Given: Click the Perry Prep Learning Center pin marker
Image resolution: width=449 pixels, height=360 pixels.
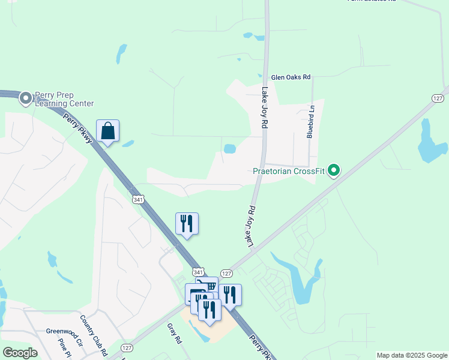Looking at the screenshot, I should (x=26, y=98).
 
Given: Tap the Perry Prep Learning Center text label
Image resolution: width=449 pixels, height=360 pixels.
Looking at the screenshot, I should (x=65, y=99).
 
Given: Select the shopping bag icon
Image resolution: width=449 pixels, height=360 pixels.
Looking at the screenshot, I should (x=107, y=131).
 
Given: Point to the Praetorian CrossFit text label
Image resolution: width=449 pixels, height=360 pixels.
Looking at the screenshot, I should (x=288, y=172).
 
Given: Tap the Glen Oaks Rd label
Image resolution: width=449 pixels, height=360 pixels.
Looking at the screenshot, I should (x=291, y=77).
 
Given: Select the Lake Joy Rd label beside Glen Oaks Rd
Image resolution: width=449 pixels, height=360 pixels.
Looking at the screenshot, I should (x=264, y=108).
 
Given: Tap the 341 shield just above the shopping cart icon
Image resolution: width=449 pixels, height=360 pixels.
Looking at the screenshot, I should (x=199, y=272).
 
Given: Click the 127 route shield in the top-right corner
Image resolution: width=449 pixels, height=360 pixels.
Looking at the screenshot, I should (x=440, y=98).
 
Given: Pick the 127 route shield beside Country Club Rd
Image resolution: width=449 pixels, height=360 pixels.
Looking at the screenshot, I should (x=126, y=347).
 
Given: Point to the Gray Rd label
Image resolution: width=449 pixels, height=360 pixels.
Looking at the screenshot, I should (x=174, y=333).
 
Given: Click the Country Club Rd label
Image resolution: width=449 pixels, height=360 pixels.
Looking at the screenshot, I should (x=94, y=334).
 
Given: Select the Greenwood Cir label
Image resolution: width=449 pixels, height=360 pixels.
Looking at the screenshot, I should (x=64, y=331).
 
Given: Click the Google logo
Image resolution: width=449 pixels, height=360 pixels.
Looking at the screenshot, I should (x=20, y=353).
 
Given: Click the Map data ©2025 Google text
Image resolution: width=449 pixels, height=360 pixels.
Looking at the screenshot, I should (x=412, y=355).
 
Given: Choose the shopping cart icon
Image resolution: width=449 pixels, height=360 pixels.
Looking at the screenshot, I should (x=209, y=286).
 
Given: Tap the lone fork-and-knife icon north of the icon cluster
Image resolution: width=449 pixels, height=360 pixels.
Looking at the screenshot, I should (x=187, y=224).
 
